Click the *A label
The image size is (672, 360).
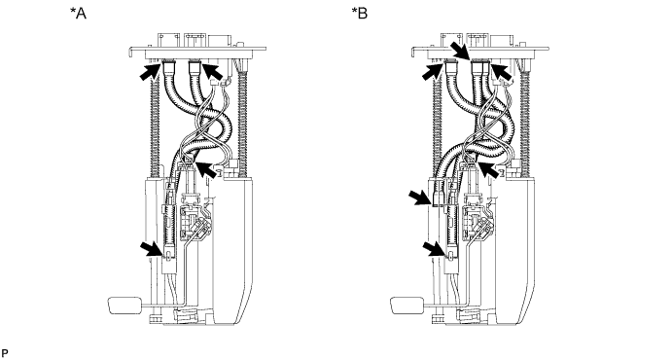click(x=79, y=14)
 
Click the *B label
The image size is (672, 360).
click(x=360, y=14)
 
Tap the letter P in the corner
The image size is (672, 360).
click(x=4, y=353)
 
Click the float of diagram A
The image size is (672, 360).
click(x=124, y=306)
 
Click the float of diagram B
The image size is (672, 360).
click(x=407, y=306)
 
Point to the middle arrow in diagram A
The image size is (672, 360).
click(x=206, y=169)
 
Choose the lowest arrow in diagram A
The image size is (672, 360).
click(x=152, y=249)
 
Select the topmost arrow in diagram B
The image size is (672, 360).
click(x=461, y=52)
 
